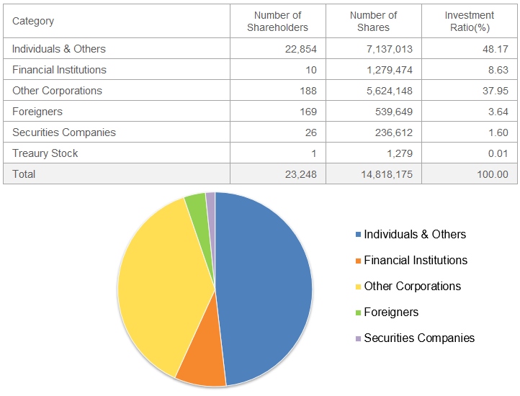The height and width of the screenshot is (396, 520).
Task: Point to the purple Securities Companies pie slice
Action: tap(211, 203)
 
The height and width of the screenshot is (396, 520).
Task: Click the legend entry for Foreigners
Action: tap(391, 312)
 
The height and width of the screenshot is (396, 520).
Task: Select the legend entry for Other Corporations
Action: tap(412, 286)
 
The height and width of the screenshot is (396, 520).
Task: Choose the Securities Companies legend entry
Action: tap(419, 338)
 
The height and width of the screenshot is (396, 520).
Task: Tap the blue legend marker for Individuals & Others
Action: tap(359, 235)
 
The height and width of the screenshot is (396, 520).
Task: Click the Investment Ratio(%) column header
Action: tap(469, 21)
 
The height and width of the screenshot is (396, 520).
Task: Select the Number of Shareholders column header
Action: tap(277, 21)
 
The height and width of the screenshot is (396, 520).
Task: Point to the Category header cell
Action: tap(33, 21)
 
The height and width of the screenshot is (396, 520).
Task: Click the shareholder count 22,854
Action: tap(300, 49)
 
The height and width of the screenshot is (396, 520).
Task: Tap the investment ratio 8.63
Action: tap(498, 70)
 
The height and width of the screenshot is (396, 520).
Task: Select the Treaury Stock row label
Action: tap(45, 153)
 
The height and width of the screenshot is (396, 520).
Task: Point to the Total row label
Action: tap(24, 174)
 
